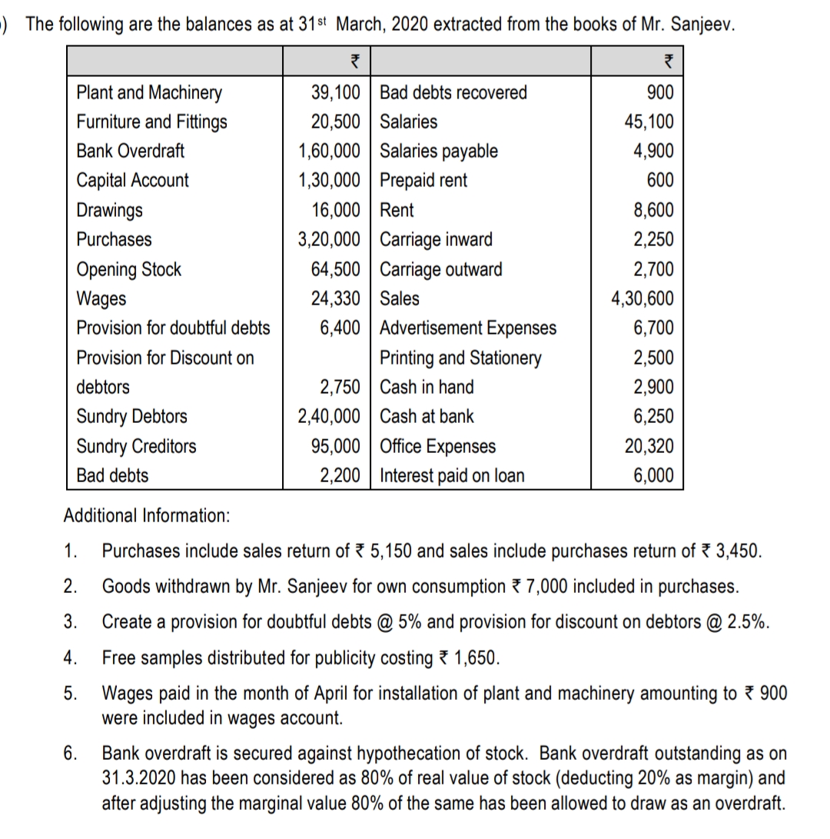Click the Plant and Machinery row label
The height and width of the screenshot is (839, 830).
(149, 93)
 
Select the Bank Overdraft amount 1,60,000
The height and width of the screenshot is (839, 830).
(328, 151)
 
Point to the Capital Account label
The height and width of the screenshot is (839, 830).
(132, 181)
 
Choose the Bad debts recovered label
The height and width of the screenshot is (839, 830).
(453, 93)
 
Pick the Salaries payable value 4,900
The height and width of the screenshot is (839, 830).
(653, 151)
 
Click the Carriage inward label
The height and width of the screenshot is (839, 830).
(437, 240)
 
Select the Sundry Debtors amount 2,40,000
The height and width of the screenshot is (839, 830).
(328, 417)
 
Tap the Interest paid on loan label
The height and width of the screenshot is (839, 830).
(453, 476)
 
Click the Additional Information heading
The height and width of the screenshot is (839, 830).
(146, 514)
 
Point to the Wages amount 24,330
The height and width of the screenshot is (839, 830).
(335, 298)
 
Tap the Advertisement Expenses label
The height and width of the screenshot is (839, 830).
(468, 328)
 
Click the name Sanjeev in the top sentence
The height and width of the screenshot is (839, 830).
(702, 23)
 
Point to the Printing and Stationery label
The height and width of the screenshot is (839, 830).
(460, 358)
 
